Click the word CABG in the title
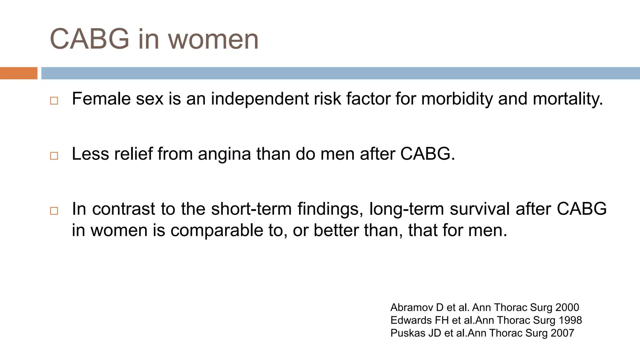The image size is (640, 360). (90, 39)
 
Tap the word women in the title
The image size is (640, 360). (213, 40)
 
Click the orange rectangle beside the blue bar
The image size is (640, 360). (19, 73)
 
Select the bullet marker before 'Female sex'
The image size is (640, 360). (54, 101)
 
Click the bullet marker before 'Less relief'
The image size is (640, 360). (54, 156)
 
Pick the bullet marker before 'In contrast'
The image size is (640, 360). (54, 211)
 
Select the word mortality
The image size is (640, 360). (567, 99)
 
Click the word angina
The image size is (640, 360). (224, 154)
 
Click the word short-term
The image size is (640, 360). (251, 209)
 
